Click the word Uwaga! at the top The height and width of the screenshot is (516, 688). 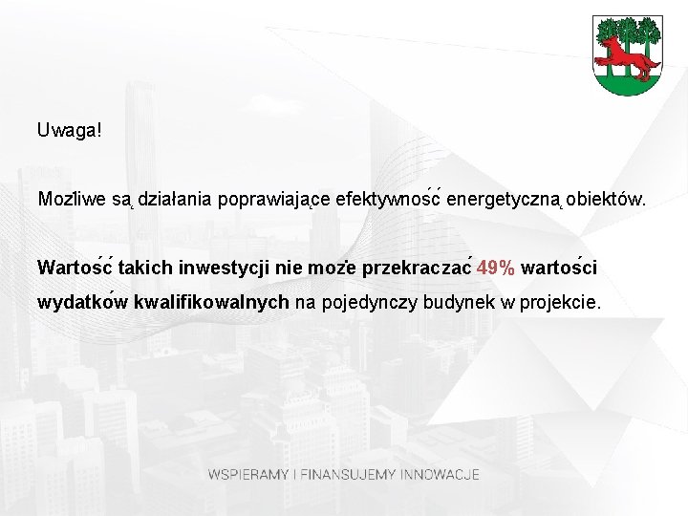click(69, 129)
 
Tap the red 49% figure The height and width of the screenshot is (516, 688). click(496, 268)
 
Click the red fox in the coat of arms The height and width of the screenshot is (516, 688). click(628, 56)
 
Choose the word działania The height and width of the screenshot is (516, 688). click(176, 201)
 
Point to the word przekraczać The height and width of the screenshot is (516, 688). click(417, 268)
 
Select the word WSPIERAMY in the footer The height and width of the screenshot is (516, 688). click(249, 474)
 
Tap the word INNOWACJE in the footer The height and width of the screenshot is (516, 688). click(441, 474)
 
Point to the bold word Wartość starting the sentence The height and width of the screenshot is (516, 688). click(75, 268)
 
